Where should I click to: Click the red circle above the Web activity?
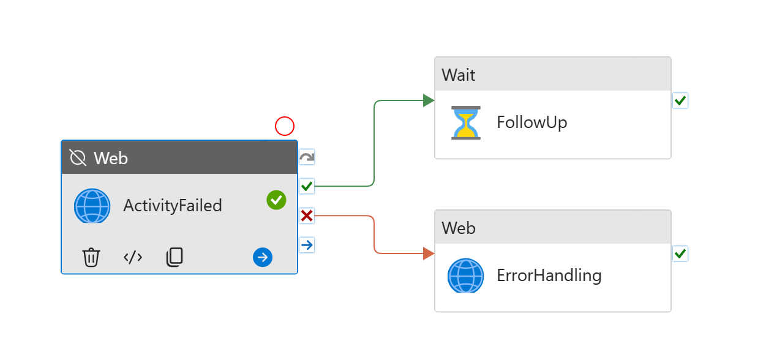pyautogui.click(x=285, y=126)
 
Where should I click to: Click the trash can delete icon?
pyautogui.click(x=91, y=257)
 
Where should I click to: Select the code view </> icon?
pyautogui.click(x=133, y=257)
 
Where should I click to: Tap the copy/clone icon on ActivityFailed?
pyautogui.click(x=175, y=257)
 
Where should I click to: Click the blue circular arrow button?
pyautogui.click(x=263, y=258)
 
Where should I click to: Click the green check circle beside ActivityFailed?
pyautogui.click(x=276, y=200)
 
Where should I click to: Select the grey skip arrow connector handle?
pyautogui.click(x=307, y=157)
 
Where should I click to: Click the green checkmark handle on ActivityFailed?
pyautogui.click(x=307, y=186)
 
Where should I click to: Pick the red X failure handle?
pyautogui.click(x=307, y=216)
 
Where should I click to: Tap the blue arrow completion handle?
pyautogui.click(x=307, y=245)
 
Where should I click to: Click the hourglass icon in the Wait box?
pyautogui.click(x=466, y=122)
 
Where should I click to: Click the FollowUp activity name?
pyautogui.click(x=531, y=122)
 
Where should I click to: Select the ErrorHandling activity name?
pyautogui.click(x=549, y=276)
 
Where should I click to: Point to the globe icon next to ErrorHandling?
pyautogui.click(x=465, y=276)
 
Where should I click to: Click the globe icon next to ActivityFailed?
pyautogui.click(x=92, y=206)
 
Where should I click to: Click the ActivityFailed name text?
pyautogui.click(x=173, y=206)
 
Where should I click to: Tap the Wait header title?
pyautogui.click(x=459, y=75)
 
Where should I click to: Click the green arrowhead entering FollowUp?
pyautogui.click(x=429, y=100)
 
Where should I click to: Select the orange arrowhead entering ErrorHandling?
pyautogui.click(x=429, y=253)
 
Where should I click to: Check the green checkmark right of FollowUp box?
pyautogui.click(x=680, y=100)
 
